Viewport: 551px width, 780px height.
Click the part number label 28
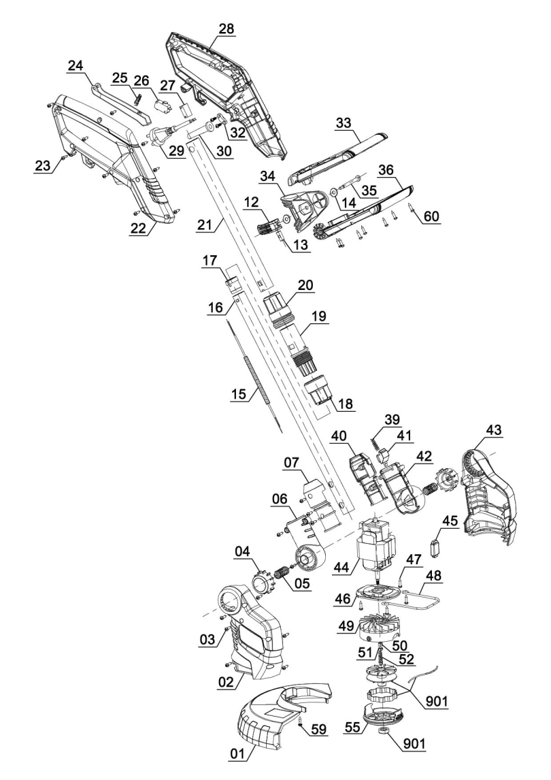click(225, 28)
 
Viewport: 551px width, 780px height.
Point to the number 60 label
click(431, 216)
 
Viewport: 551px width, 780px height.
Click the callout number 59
click(318, 729)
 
